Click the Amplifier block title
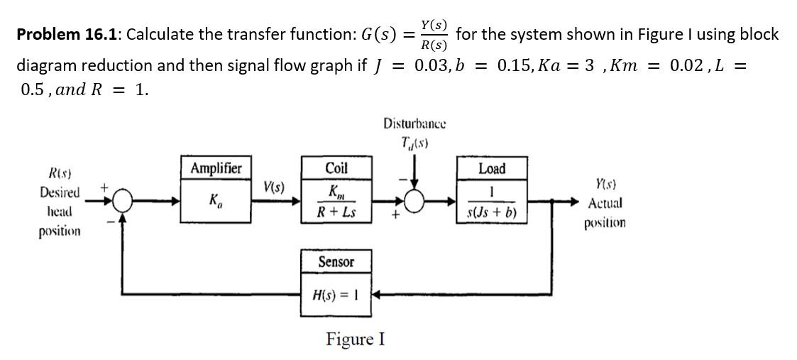coord(216,168)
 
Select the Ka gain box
coord(216,201)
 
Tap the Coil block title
coord(336,168)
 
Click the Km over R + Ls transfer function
coord(336,202)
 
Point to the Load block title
coord(492,168)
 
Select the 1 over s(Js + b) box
coord(492,202)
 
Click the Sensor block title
coord(336,262)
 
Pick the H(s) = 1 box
coord(336,293)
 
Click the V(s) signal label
coord(274,188)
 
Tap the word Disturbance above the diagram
coord(415,124)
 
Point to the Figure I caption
coord(355,339)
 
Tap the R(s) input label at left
coord(59,174)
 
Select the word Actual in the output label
coord(605,203)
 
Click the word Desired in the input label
coord(60,192)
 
